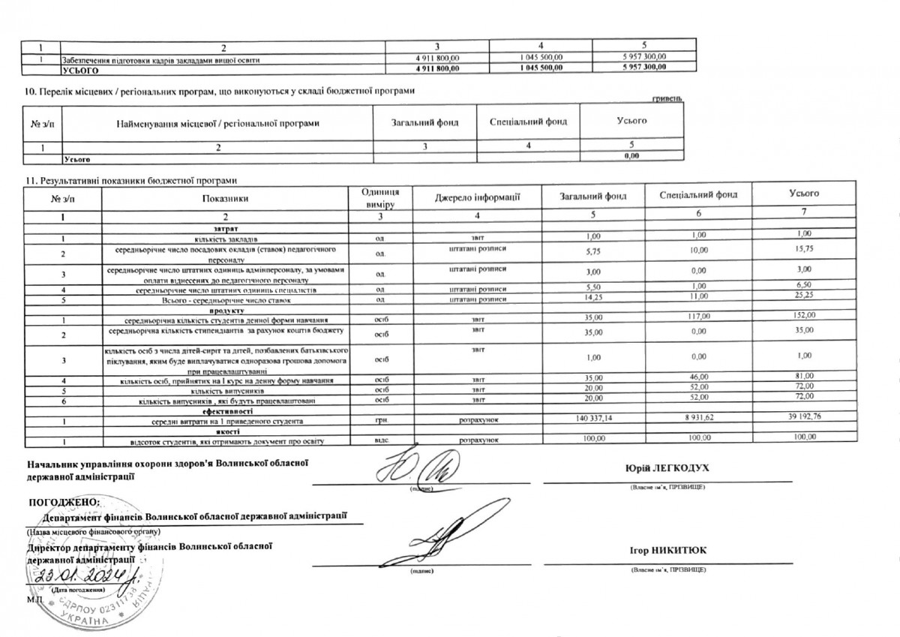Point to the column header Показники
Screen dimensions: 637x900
click(223, 197)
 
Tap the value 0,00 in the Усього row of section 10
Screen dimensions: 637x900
click(631, 155)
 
